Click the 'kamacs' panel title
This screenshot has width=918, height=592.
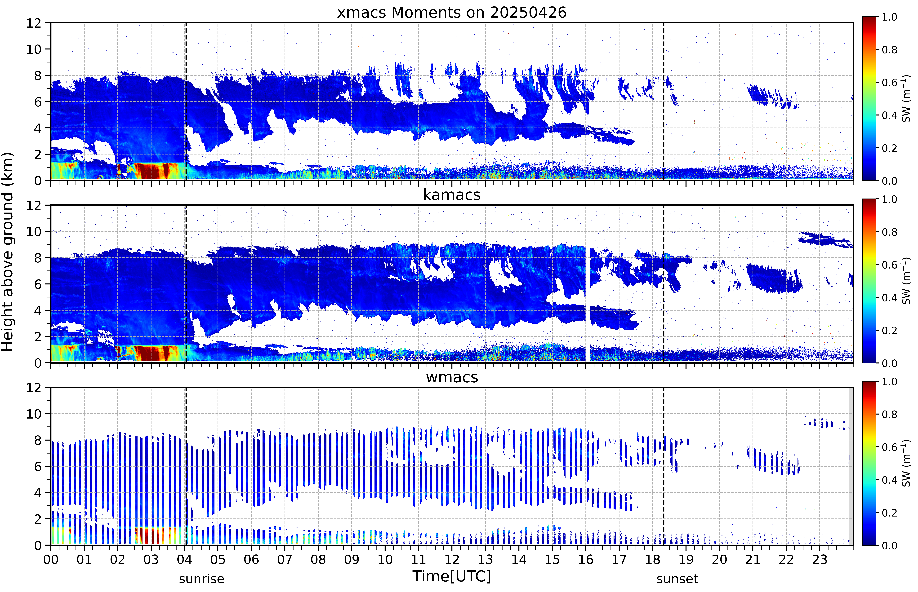(452, 195)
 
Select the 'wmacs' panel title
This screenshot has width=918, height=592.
(452, 377)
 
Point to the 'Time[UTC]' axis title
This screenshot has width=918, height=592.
(452, 576)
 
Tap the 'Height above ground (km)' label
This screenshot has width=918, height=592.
(8, 252)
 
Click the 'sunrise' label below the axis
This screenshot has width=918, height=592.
(201, 579)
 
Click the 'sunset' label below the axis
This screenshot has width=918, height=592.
(677, 579)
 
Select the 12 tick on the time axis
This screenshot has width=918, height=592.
(452, 559)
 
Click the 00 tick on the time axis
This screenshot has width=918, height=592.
(51, 559)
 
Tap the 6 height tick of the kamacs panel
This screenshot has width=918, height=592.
(38, 284)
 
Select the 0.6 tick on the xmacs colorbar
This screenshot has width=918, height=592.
(889, 82)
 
